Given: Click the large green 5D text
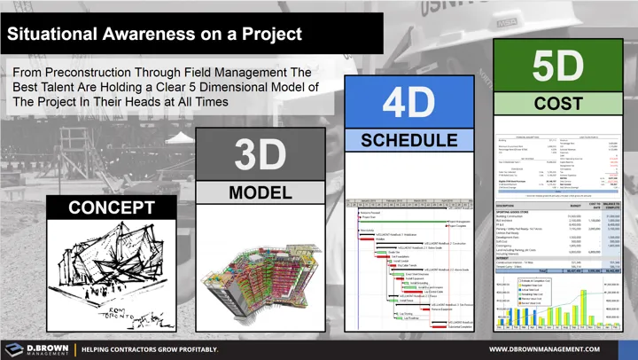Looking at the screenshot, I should tap(558, 67).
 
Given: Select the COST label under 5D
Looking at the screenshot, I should tap(558, 105).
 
